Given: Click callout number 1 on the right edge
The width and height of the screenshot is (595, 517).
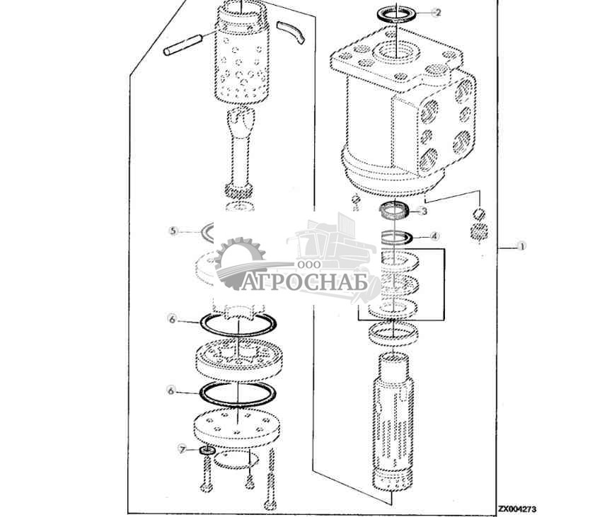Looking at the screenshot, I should point(521,246).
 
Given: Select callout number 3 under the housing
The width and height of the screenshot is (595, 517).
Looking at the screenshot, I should point(424,211).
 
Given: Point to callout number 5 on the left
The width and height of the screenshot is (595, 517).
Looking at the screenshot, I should point(172,230).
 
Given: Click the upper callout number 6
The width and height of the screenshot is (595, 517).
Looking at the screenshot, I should point(172,319).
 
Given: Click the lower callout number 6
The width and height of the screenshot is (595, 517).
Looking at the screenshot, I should point(172,389).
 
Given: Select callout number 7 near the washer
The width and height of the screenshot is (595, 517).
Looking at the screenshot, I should point(181,449).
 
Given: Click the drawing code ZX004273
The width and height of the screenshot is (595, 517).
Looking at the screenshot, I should point(516,508).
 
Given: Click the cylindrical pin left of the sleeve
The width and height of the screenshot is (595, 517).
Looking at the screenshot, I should point(185,45).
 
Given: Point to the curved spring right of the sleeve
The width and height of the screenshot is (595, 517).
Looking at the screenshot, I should point(292,33).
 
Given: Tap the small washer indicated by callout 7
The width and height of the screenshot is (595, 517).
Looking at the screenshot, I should point(207,451).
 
